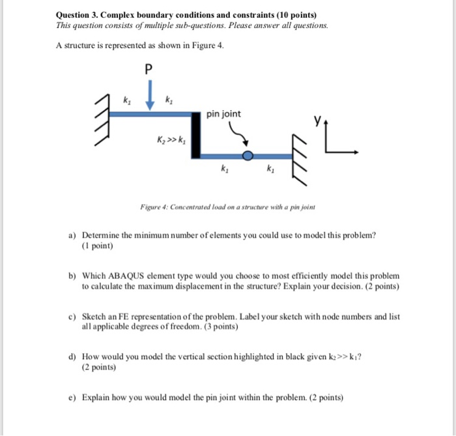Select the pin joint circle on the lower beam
tap(248, 156)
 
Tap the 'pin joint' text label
tap(223, 114)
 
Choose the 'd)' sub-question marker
tap(73, 357)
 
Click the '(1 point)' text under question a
tap(98, 246)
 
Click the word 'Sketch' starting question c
tap(96, 317)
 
